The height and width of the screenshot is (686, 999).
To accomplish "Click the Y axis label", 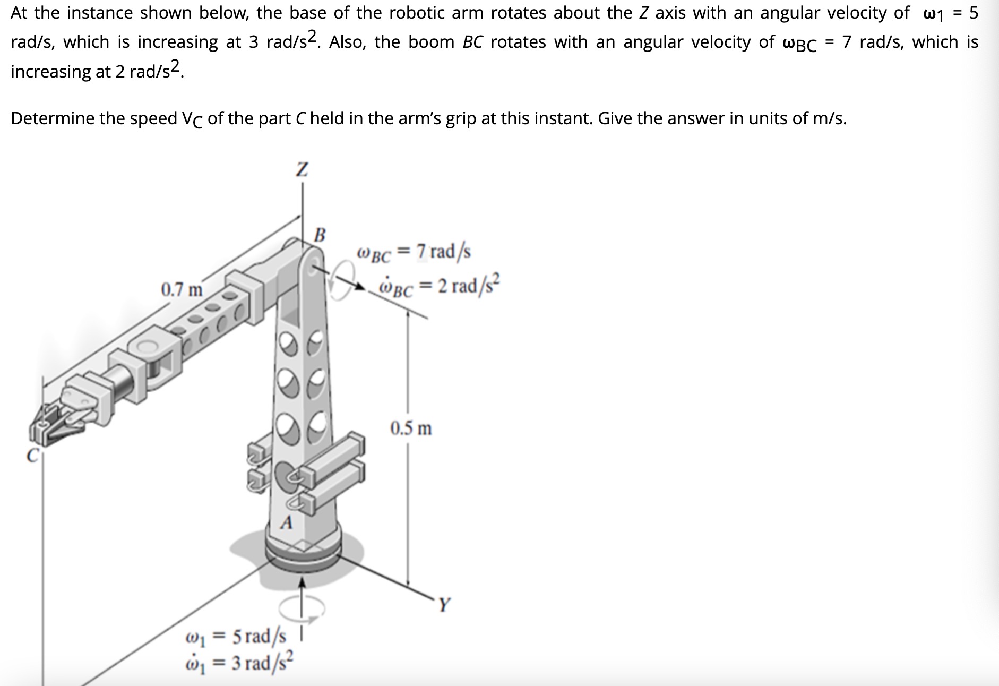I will (444, 604).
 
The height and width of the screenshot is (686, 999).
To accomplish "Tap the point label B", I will (320, 234).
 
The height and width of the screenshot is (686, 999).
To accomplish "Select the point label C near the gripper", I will (33, 456).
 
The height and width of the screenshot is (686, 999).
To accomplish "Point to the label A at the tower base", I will (286, 522).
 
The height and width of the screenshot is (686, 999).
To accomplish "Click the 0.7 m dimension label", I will (182, 290).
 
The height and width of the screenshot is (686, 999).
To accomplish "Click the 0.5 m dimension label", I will (411, 428).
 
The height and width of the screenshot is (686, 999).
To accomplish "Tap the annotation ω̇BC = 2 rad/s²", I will (438, 287).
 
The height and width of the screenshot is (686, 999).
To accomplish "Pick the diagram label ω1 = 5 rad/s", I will (236, 636).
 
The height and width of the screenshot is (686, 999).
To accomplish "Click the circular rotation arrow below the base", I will (302, 608).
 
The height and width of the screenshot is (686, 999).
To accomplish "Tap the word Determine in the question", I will (52, 118).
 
